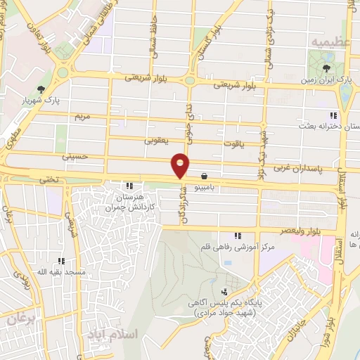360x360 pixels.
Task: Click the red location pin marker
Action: (x=181, y=165)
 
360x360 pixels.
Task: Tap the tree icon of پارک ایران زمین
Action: (x=326, y=68)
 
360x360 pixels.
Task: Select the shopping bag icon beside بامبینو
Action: (x=204, y=176)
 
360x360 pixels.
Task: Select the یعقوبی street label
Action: (x=157, y=140)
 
